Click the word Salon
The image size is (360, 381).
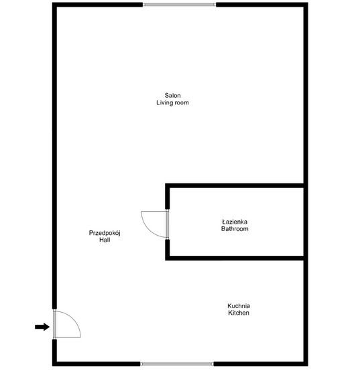tap(173, 95)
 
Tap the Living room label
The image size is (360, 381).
tap(173, 103)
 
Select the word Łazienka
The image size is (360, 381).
tap(235, 221)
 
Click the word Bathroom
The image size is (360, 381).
tap(235, 229)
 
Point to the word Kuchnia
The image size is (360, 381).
tap(239, 305)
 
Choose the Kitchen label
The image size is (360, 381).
tap(239, 313)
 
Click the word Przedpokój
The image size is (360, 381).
tap(103, 232)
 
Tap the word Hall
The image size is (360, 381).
tap(103, 240)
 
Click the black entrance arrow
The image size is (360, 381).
tap(42, 327)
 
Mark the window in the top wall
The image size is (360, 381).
tap(179, 5)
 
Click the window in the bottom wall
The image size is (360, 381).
tap(177, 364)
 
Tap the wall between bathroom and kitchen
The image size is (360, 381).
tap(235, 257)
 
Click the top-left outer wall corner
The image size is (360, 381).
tap(54, 5)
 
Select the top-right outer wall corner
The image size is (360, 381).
tap(306, 5)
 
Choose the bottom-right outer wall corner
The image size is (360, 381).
tap(306, 364)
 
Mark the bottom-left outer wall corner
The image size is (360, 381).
tap(54, 364)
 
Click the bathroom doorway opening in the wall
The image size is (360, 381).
tap(167, 224)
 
